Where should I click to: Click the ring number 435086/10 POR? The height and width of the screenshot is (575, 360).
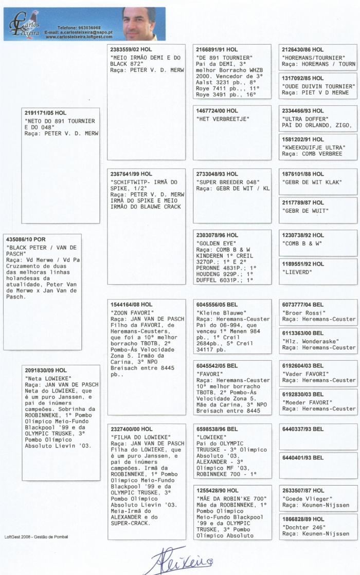click(x=26, y=239)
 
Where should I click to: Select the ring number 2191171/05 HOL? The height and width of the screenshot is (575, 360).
click(x=46, y=113)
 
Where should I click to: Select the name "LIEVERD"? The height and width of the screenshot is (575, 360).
click(x=297, y=272)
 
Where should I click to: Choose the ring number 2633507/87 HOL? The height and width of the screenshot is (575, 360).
click(x=303, y=490)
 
